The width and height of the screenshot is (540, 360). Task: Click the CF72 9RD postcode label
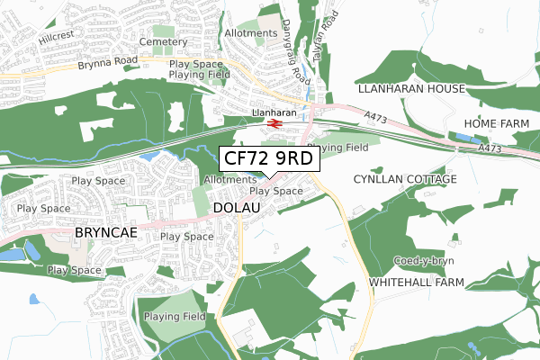coord(268,159)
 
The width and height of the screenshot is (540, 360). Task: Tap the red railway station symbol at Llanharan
coord(274,124)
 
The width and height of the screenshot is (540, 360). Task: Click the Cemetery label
coord(167,42)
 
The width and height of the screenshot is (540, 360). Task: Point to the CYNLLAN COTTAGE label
coord(404,179)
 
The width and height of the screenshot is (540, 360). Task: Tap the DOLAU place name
coord(238,208)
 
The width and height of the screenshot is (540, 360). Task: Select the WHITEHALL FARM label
coord(417,283)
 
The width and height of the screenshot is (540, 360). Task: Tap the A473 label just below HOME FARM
coord(490,148)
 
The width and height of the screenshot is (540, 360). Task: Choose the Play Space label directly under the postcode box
coord(275,191)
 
